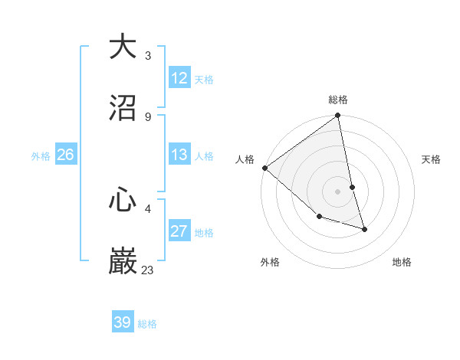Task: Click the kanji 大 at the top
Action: (x=123, y=47)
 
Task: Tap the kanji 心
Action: (x=123, y=200)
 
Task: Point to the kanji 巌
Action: (x=123, y=261)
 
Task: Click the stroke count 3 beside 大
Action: (x=148, y=56)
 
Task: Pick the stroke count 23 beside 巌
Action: (x=148, y=270)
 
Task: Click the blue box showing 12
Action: (x=179, y=78)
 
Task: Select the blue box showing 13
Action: (x=179, y=155)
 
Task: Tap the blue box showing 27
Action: (x=179, y=231)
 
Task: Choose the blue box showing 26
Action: (x=65, y=155)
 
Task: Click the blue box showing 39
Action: (x=123, y=322)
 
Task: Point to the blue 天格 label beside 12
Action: (x=204, y=80)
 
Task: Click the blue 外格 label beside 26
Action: (x=41, y=156)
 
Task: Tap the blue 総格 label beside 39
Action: (x=147, y=324)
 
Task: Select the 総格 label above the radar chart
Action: (x=338, y=100)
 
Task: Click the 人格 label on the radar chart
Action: (x=245, y=159)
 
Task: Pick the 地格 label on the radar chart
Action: (x=402, y=262)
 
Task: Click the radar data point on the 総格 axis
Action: (x=338, y=116)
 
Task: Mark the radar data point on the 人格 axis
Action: (x=264, y=168)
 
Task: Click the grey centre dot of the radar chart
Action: (x=338, y=191)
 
